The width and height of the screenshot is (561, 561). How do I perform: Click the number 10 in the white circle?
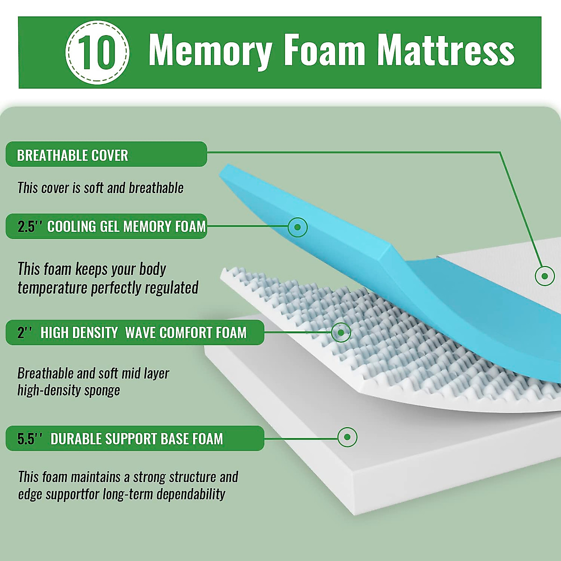tap(97, 52)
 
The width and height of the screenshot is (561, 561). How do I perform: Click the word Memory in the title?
tap(210, 50)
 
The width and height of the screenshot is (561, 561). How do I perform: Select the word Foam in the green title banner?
tap(324, 50)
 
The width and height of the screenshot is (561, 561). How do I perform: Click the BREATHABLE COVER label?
tap(72, 155)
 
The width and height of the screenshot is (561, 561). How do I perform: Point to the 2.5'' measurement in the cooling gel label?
tap(29, 227)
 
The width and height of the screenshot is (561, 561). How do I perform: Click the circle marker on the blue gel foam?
tap(297, 227)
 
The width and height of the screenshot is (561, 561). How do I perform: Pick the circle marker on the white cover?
tap(544, 276)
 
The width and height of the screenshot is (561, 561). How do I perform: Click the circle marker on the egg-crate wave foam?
tap(341, 332)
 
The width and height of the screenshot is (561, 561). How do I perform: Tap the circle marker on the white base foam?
tap(347, 438)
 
